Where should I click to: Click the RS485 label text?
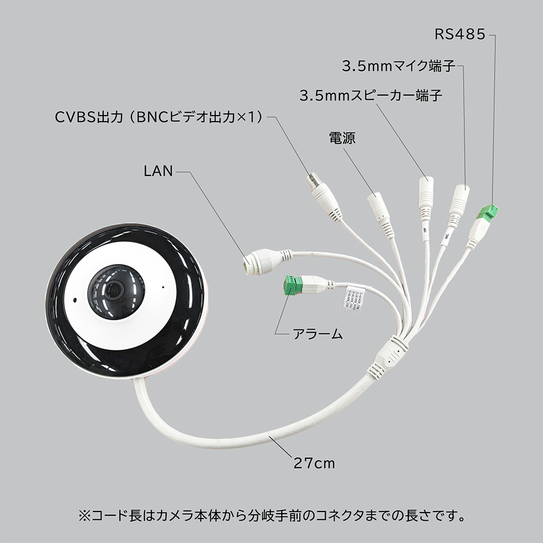pos(459,35)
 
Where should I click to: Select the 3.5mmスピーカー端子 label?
pos(371,97)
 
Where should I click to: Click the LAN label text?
pos(158,172)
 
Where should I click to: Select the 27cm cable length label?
pos(314,463)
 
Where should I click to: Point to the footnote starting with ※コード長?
pos(271,514)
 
